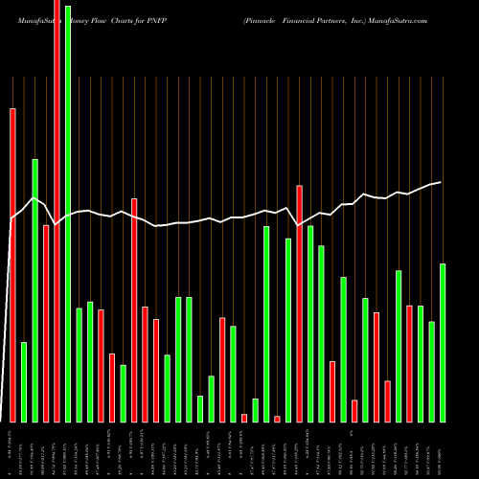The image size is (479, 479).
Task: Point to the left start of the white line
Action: click(x=11, y=220)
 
